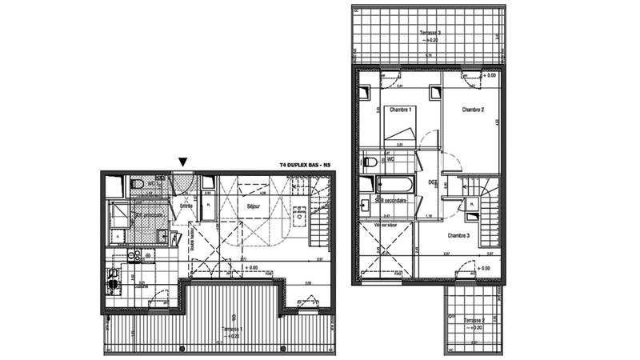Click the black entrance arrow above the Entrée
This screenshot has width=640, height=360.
click(183, 162)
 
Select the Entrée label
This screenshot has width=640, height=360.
click(186, 206)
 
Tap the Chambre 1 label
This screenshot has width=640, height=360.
click(400, 110)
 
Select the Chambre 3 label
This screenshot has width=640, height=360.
click(458, 235)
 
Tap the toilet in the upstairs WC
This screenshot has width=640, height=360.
click(370, 161)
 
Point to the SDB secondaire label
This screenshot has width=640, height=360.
click(390, 201)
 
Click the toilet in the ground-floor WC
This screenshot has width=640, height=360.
click(137, 186)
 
